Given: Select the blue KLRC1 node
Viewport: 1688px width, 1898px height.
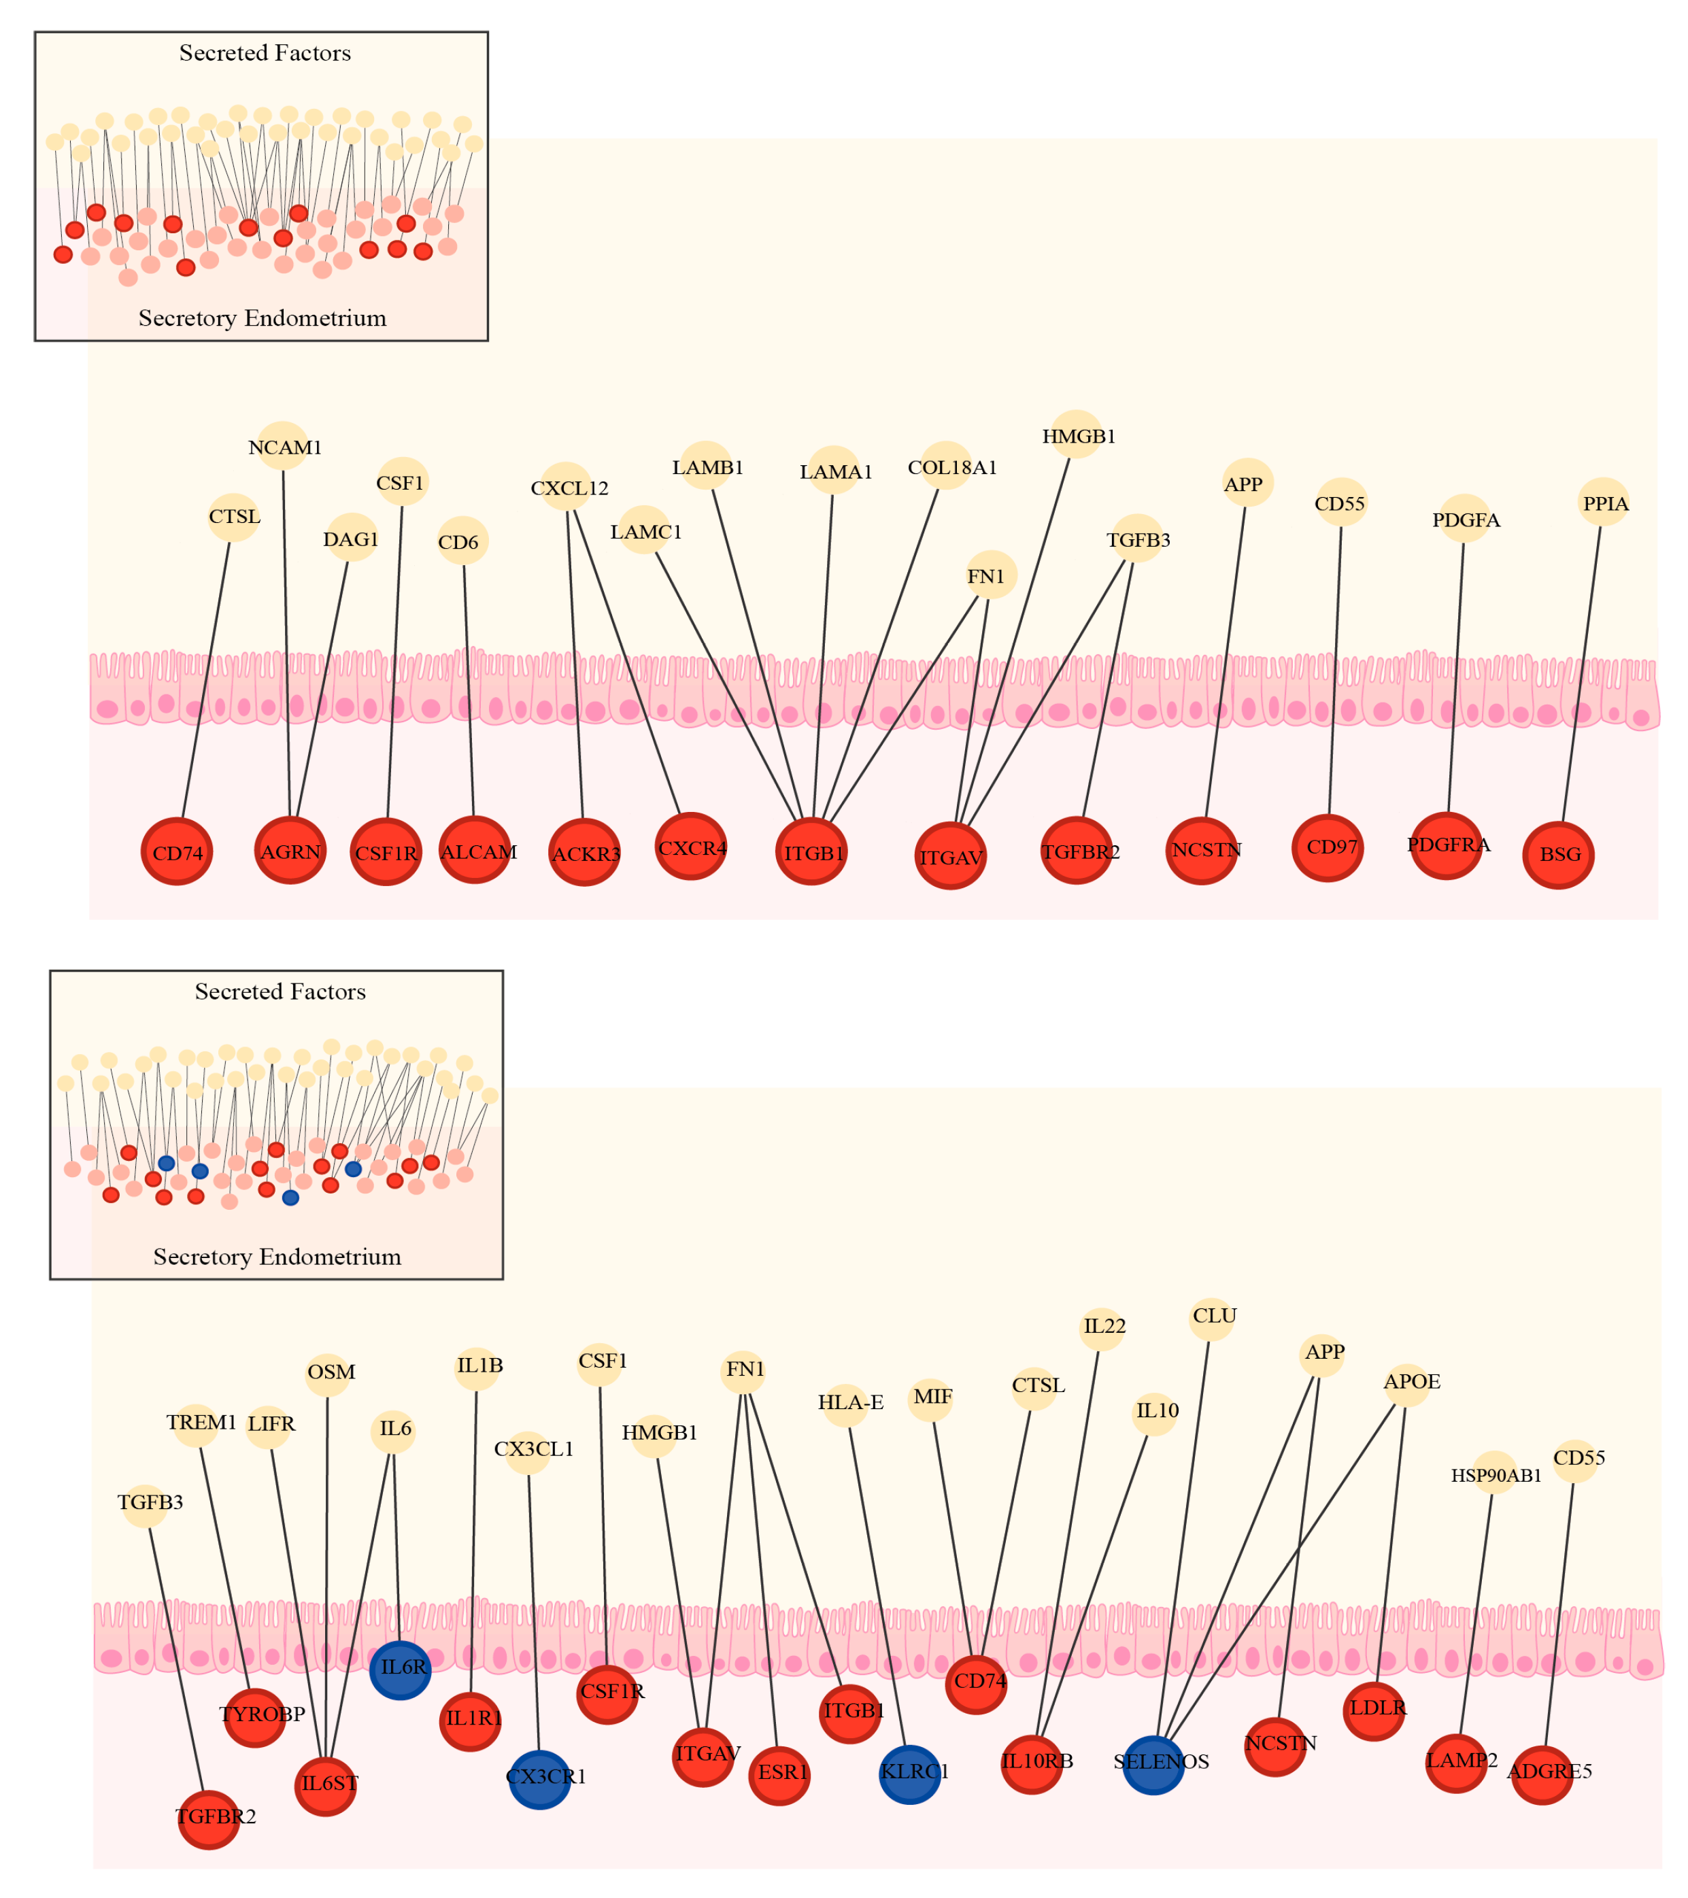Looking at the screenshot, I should [x=909, y=1773].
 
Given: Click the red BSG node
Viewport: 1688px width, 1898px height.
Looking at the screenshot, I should [x=1558, y=854].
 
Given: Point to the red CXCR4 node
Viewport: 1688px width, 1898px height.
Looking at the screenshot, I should [x=691, y=846].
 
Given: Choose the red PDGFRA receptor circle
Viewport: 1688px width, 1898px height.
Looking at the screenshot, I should [x=1446, y=845].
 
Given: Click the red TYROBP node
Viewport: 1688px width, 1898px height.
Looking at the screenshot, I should [x=254, y=1717].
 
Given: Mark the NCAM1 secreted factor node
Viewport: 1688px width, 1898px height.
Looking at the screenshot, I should [x=282, y=447].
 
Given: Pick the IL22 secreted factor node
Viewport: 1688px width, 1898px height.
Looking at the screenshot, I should [x=1102, y=1327].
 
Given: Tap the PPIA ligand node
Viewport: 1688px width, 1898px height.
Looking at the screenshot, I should [x=1604, y=503].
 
